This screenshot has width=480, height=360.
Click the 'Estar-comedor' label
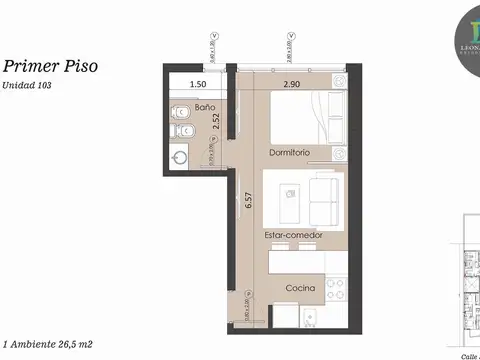(x=293, y=235)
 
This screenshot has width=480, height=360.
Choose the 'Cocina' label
(x=300, y=288)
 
